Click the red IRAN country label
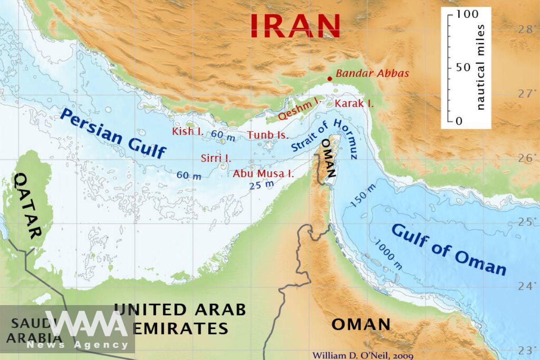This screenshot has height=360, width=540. point(295,26)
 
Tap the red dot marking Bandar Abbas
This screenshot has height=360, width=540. point(329,78)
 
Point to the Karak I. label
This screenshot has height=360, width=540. point(354,103)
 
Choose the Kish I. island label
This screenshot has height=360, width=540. point(188,132)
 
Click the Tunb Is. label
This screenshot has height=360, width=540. point(268,135)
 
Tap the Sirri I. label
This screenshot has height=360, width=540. point(216,158)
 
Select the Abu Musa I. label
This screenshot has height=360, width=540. point(263,174)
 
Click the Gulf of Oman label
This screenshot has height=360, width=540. point(449,249)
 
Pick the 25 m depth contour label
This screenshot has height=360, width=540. point(261,185)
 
